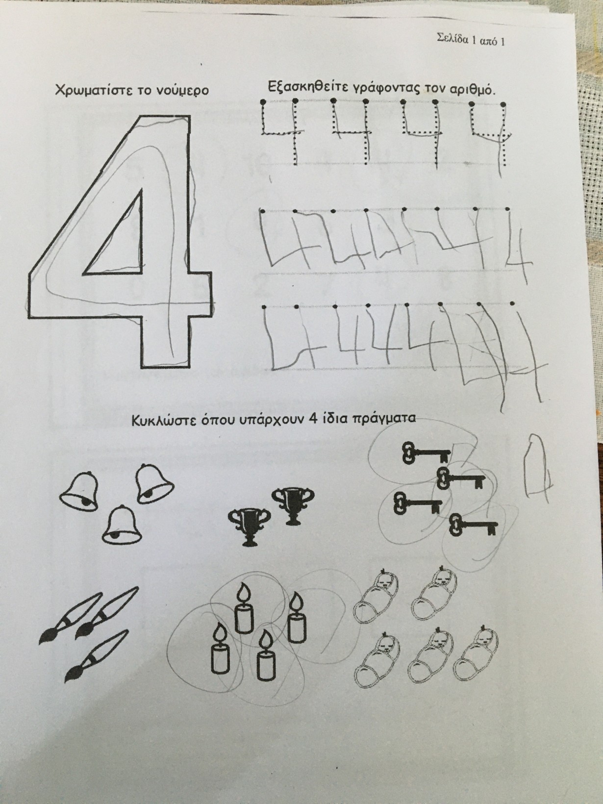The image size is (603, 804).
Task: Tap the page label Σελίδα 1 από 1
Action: click(471, 40)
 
